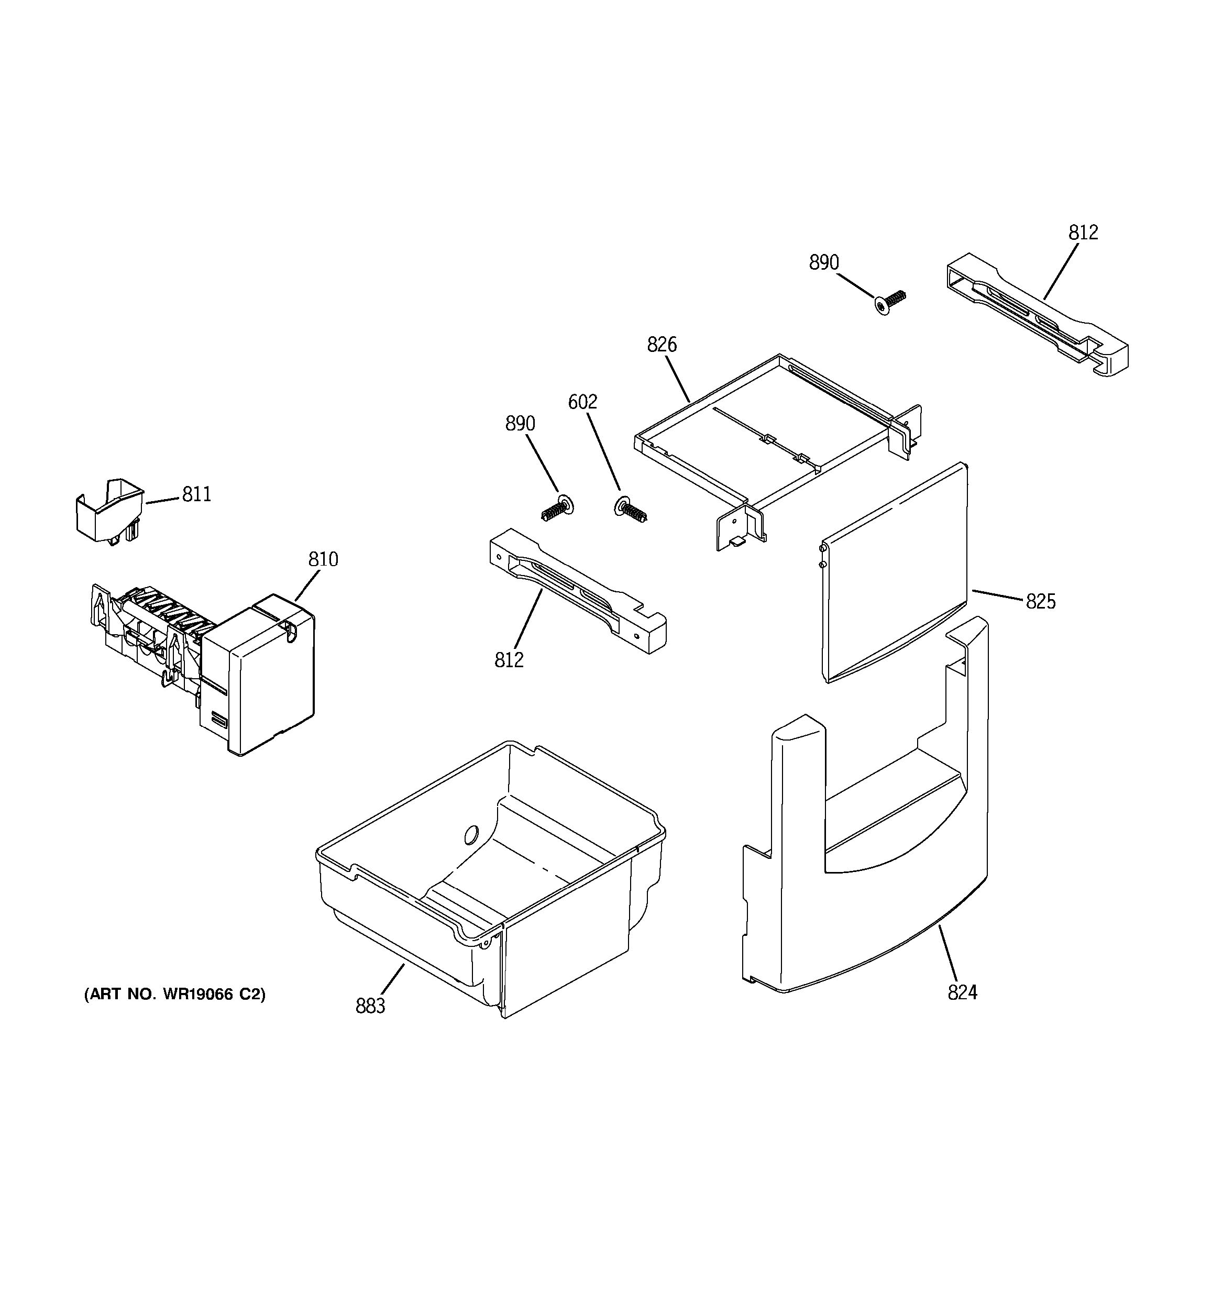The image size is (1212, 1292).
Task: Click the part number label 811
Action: pos(196,494)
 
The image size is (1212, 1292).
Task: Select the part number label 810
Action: pos(323,559)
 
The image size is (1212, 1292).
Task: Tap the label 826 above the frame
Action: pos(662,345)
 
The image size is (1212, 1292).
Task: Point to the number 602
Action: pos(582,402)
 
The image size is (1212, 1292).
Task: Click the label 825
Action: pos(1040,602)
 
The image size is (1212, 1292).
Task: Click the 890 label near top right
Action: pos(823,262)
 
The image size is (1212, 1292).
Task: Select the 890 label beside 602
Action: pos(520,424)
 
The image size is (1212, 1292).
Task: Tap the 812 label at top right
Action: pos(1083,233)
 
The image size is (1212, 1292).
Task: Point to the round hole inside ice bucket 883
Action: pos(472,834)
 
